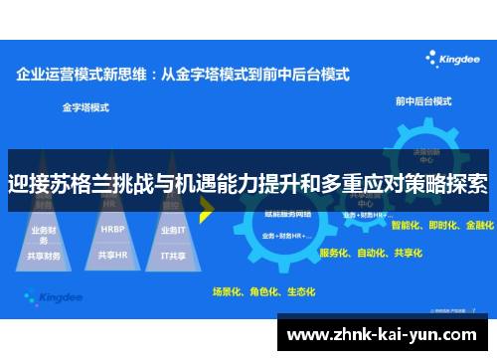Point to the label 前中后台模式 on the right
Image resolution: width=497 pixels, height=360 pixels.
click(421, 100)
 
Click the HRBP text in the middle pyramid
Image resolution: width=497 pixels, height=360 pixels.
click(111, 228)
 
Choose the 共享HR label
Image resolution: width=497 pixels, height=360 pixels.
click(111, 255)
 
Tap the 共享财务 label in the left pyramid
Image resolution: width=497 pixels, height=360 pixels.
click(45, 256)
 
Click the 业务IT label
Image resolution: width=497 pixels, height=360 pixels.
click(173, 229)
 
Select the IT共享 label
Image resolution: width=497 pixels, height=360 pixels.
click(174, 255)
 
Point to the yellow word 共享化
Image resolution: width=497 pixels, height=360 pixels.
click(409, 253)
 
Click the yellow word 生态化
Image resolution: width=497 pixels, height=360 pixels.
click(300, 291)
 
